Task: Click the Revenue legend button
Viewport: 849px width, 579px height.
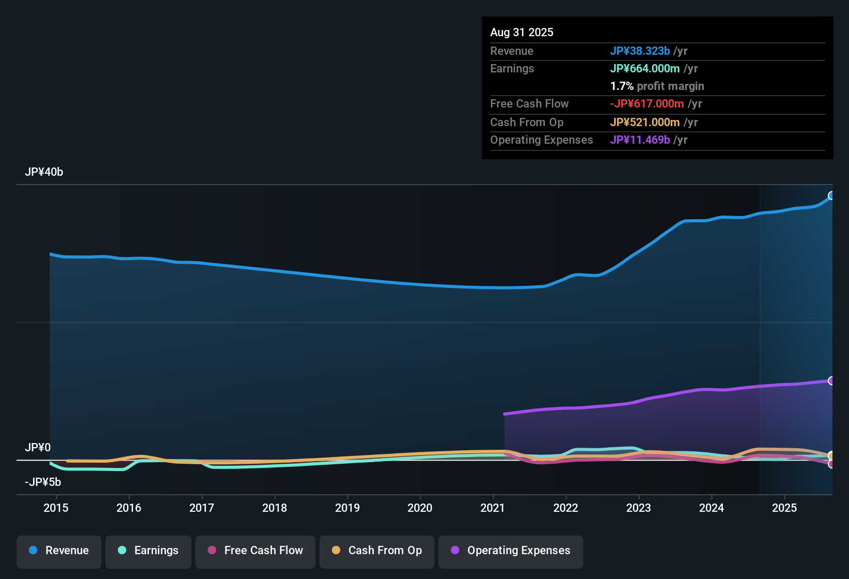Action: pyautogui.click(x=59, y=551)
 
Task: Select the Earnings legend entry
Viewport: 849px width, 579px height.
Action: pyautogui.click(x=148, y=551)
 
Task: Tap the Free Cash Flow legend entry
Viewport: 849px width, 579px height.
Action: pyautogui.click(x=255, y=551)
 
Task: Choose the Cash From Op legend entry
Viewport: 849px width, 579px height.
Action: pyautogui.click(x=377, y=551)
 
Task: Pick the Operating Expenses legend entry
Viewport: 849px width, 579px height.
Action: pyautogui.click(x=511, y=551)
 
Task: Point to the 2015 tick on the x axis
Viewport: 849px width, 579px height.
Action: pyautogui.click(x=56, y=508)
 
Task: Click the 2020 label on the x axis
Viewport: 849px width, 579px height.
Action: pyautogui.click(x=420, y=508)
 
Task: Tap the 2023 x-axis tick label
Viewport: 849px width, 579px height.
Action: pyautogui.click(x=639, y=508)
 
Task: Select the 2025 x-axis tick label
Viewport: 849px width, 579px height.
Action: pyautogui.click(x=784, y=508)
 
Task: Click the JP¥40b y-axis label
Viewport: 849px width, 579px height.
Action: pyautogui.click(x=44, y=172)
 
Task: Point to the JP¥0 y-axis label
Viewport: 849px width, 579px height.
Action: pyautogui.click(x=38, y=448)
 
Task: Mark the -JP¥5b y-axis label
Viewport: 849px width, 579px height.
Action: pyautogui.click(x=43, y=482)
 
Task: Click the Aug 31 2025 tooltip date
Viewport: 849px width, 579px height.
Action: pyautogui.click(x=522, y=32)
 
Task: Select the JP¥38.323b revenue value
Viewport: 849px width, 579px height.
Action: pyautogui.click(x=640, y=51)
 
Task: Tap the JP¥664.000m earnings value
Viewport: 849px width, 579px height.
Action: pyautogui.click(x=645, y=68)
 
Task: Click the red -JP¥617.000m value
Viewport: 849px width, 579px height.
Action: pyautogui.click(x=647, y=103)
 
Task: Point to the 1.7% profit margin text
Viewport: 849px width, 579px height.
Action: pyautogui.click(x=657, y=86)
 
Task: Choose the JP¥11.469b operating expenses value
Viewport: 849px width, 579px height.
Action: pyautogui.click(x=640, y=140)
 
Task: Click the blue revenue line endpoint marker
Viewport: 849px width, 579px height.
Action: pyautogui.click(x=831, y=195)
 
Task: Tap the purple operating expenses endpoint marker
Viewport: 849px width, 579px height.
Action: pyautogui.click(x=831, y=380)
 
